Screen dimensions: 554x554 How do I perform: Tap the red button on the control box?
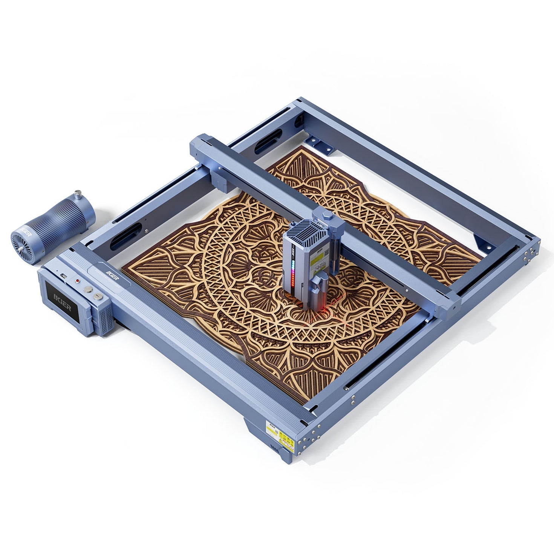tap(78, 281)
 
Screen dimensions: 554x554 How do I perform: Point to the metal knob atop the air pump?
tap(78, 195)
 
